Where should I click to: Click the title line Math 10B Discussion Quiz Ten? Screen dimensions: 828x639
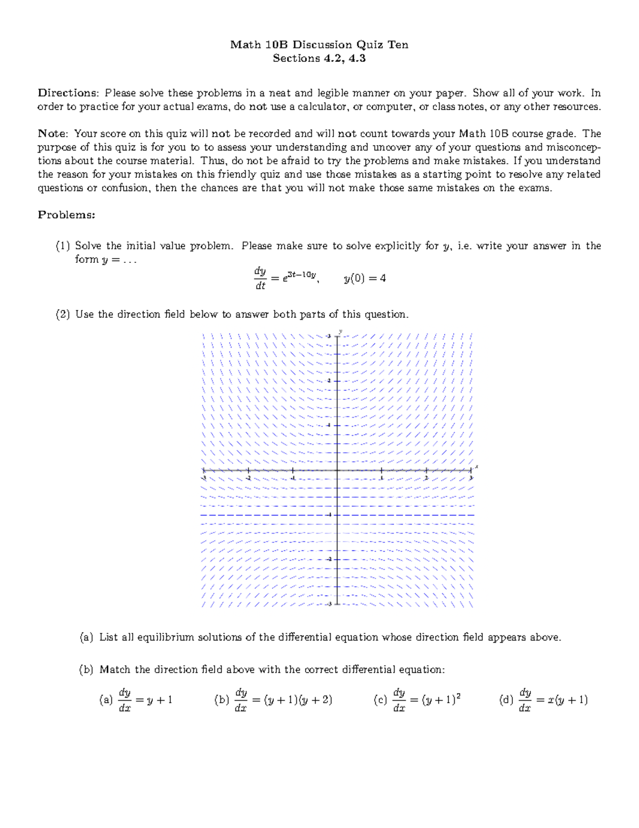319,45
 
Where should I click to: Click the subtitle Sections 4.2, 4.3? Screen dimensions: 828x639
319,59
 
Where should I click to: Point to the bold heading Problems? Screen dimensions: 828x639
66,215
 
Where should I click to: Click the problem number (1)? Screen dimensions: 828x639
63,246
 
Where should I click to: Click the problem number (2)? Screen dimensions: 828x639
63,315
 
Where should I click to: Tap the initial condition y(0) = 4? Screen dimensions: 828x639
365,278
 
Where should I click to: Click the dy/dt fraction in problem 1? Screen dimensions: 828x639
260,278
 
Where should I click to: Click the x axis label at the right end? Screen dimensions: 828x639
477,467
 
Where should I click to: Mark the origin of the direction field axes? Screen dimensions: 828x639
338,470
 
